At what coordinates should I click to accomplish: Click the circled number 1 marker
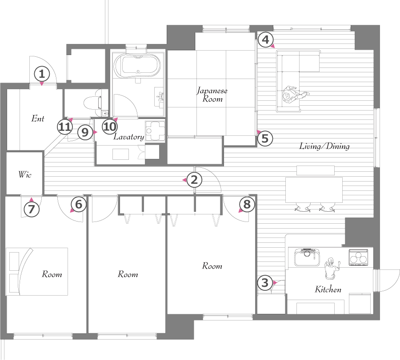coord(42,75)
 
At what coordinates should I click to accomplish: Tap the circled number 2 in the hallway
coord(194,180)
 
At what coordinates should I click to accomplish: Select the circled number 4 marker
coord(266,40)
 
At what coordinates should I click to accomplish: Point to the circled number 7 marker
coord(32,209)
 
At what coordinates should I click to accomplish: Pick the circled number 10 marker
coord(110,127)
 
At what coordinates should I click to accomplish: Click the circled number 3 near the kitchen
coord(265,283)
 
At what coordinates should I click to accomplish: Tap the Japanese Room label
coord(212,95)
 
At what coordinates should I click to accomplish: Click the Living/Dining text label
coord(324,146)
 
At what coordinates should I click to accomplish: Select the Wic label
coord(25,174)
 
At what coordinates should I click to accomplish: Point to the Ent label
coord(38,119)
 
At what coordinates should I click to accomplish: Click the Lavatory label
coord(128,137)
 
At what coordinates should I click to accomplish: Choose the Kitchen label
coord(328,289)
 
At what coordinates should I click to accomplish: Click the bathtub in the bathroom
coord(137,66)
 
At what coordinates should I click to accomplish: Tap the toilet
coord(93,103)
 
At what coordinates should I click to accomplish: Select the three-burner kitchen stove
coord(358,257)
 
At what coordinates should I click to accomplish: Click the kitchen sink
coord(307,257)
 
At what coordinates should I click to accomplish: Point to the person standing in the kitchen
coord(332,269)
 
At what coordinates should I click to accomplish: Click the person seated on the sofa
coord(293,95)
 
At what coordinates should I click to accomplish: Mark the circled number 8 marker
coord(247,204)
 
